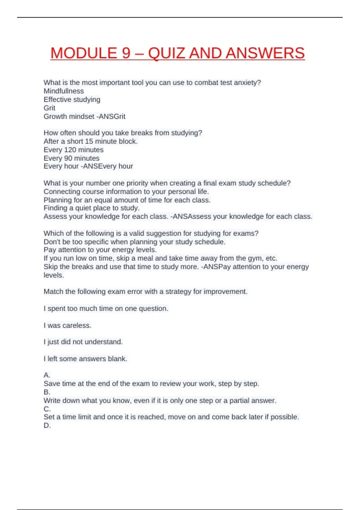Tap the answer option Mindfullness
pyautogui.click(x=64, y=91)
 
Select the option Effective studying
pyautogui.click(x=72, y=100)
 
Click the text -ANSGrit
pyautogui.click(x=111, y=116)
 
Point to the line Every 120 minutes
pyautogui.click(x=73, y=150)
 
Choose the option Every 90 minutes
pyautogui.click(x=71, y=158)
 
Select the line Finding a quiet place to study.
pyautogui.click(x=91, y=208)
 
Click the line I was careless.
pyautogui.click(x=67, y=325)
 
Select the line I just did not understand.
pyautogui.click(x=83, y=342)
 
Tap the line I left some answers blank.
pyautogui.click(x=85, y=359)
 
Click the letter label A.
pyautogui.click(x=47, y=375)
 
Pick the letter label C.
pyautogui.click(x=47, y=409)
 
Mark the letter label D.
pyautogui.click(x=47, y=425)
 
